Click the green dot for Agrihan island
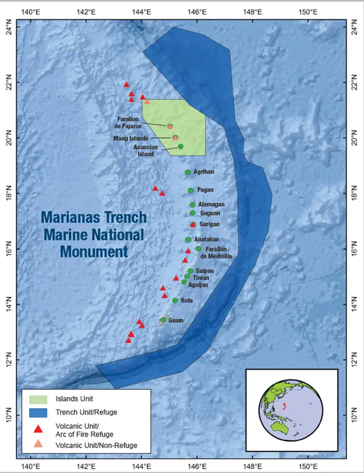click(x=187, y=172)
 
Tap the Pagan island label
click(x=205, y=190)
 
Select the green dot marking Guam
click(x=163, y=320)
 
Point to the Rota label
click(x=187, y=300)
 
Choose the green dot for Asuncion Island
click(x=180, y=147)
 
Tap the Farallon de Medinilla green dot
click(x=198, y=248)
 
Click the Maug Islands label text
click(x=131, y=138)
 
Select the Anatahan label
click(x=203, y=240)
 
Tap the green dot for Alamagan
click(x=192, y=204)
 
